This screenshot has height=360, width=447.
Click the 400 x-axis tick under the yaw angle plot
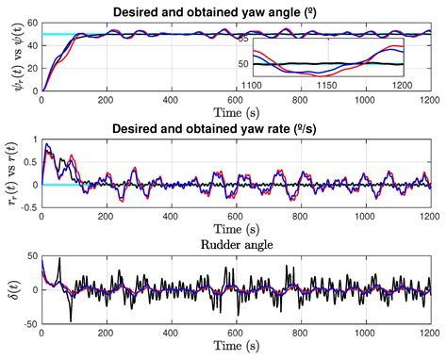tap(171, 100)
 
